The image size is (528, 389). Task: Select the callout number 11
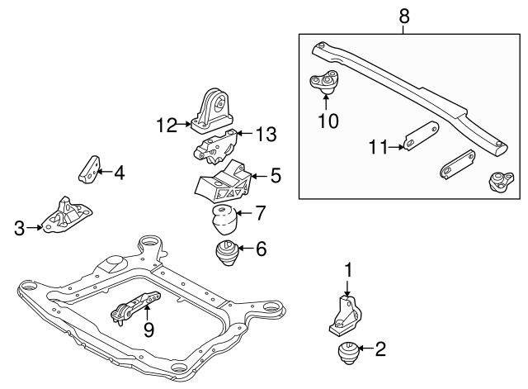point(377,149)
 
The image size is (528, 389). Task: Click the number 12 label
point(167,126)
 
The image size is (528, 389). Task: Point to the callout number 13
point(266,134)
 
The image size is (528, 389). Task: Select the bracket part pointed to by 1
point(346,315)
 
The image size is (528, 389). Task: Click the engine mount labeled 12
point(213,110)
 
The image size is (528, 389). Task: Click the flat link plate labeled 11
point(422,138)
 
